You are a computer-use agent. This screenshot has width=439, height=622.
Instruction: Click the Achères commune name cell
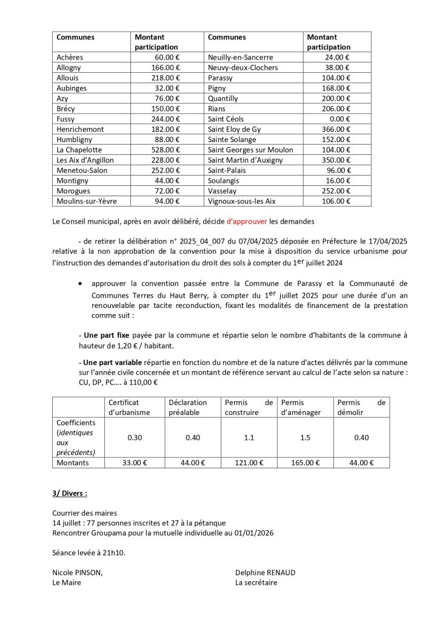point(70,57)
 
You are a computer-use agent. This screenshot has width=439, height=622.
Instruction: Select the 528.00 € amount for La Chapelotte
point(166,149)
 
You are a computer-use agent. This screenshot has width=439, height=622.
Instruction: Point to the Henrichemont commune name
point(80,129)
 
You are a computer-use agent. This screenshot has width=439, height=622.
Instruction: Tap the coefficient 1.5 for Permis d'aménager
point(305,437)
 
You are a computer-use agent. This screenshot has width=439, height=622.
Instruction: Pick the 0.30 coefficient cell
point(135,437)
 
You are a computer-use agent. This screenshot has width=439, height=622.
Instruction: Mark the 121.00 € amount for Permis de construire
point(249,463)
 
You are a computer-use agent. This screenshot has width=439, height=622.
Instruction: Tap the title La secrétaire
point(256,582)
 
